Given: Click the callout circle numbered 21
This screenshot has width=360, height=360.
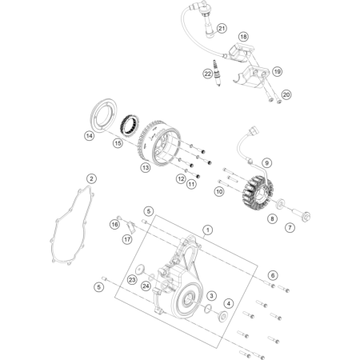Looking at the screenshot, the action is pos(222,28).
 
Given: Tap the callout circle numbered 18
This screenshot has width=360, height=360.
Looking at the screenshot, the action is pos(243,37).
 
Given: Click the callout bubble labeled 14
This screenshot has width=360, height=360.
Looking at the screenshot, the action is pos(90,136).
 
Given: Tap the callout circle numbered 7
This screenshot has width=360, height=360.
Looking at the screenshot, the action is pos(290,227).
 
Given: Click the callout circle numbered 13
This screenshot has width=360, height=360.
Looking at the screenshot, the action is pos(146,167).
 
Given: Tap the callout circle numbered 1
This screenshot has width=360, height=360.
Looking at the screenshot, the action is pos(208,230).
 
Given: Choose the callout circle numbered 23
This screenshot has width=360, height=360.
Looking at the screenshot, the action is pos(132,280).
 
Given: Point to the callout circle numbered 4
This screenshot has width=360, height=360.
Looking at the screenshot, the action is pos(229,303).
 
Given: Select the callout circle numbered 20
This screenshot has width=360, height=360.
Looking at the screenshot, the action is pos(286,94).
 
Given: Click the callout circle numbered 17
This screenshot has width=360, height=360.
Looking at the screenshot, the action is pos(127,239).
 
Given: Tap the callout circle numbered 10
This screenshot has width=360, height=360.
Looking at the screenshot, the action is pos(219,191).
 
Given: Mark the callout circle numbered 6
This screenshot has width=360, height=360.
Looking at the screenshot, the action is pos(273,275).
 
